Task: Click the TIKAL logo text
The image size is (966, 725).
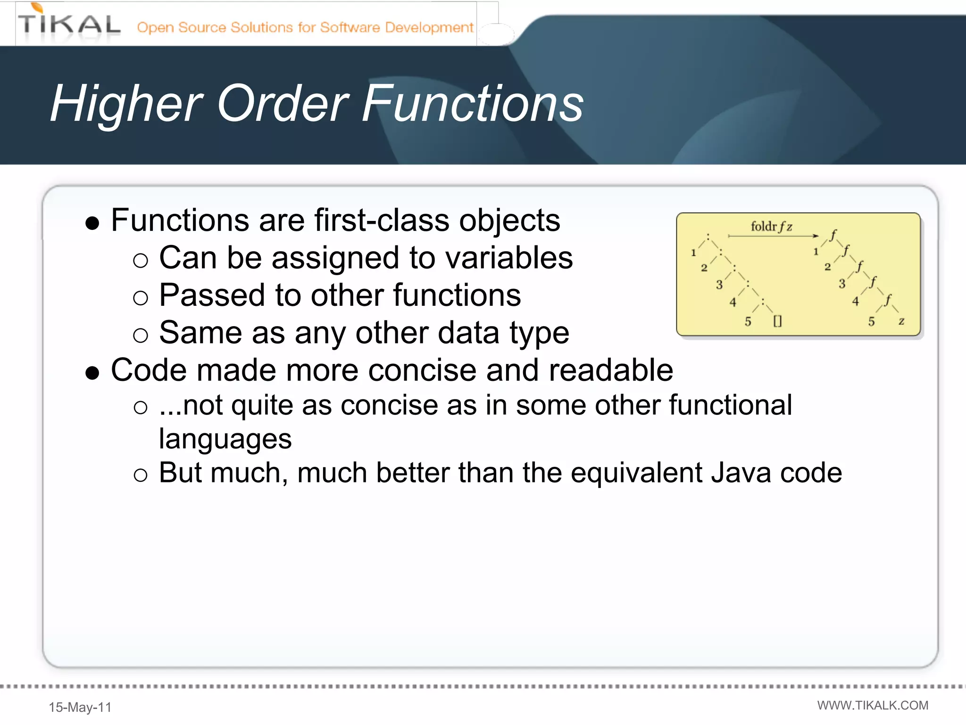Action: pos(69,25)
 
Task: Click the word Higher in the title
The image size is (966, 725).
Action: pos(126,104)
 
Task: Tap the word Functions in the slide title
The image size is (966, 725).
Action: pos(473,104)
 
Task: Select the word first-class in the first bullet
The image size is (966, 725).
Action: pos(382,220)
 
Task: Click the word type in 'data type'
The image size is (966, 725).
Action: pos(539,333)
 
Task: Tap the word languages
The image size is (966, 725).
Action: pos(225,439)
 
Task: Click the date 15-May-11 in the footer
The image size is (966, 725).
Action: pos(80,707)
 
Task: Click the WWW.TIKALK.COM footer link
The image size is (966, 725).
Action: pos(873,705)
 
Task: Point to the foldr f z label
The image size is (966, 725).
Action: pos(771,227)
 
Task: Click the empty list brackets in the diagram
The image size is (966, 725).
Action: pos(777,321)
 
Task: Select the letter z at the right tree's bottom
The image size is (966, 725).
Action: pos(901,321)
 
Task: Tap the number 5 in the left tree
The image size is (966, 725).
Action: pos(748,322)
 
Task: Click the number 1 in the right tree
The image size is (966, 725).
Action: pos(816,252)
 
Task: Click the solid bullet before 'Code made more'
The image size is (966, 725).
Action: pos(92,373)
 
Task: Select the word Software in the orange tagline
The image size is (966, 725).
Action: pos(350,27)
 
